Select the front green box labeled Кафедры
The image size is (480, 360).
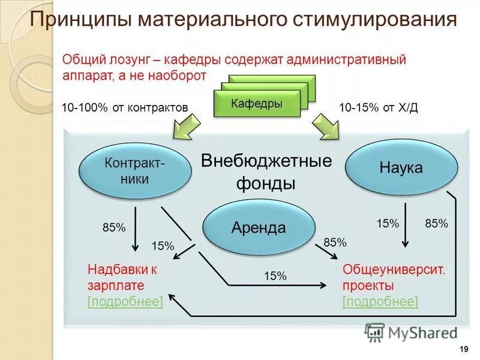(256, 104)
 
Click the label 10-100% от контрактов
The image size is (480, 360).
(125, 107)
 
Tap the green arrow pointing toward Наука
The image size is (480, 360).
(326, 127)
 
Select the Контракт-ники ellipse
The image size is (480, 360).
(136, 170)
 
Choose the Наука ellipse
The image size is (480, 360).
(401, 167)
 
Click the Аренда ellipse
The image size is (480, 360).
(259, 227)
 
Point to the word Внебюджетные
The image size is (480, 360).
(266, 161)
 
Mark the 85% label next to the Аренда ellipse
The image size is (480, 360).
(335, 242)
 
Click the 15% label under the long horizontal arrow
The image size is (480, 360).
(275, 276)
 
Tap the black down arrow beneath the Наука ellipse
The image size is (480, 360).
(405, 225)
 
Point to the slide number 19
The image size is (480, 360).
(463, 349)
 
